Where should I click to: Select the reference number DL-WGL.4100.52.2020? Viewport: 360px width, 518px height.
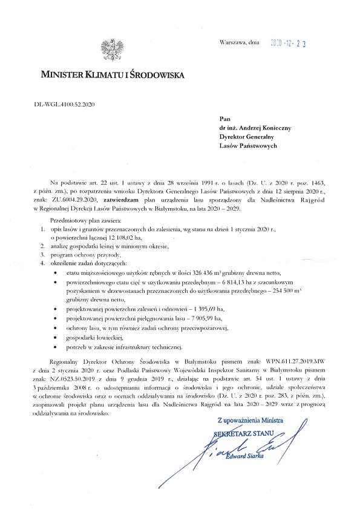pos(65,104)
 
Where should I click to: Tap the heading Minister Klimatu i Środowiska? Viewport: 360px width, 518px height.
pos(110,76)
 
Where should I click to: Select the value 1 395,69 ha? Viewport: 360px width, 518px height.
pos(206,308)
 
